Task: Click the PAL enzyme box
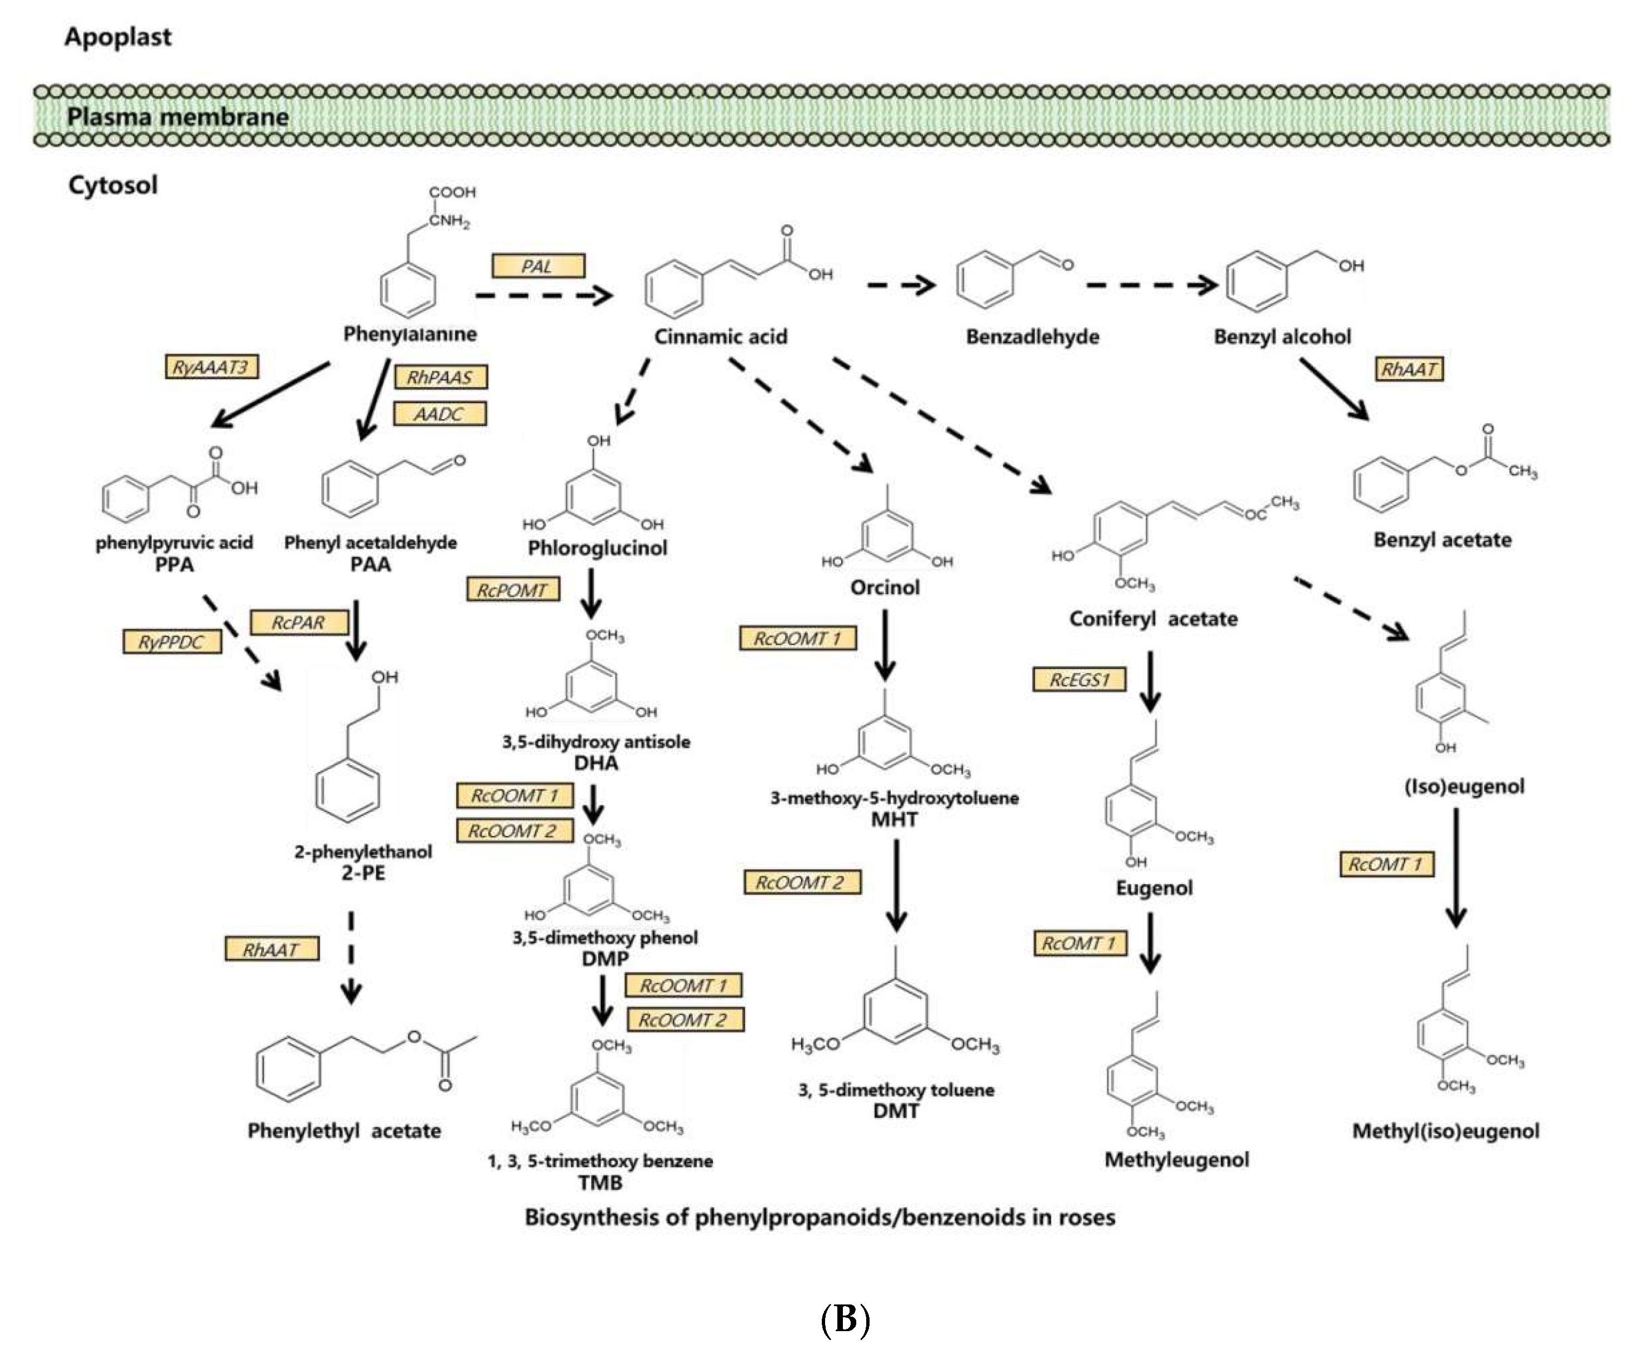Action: pos(538,266)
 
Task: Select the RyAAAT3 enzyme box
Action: pos(212,367)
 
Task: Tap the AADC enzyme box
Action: pos(440,414)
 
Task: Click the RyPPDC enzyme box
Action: pos(171,642)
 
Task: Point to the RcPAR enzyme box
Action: pos(298,623)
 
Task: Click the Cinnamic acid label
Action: pos(720,337)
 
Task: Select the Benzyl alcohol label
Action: pos(1282,337)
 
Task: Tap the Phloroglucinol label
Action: pos(597,548)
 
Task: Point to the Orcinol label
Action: pos(885,587)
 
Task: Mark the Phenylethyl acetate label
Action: pos(344,1130)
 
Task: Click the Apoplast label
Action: pos(118,37)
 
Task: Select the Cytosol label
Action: pos(113,185)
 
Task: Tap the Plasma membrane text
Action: pos(177,117)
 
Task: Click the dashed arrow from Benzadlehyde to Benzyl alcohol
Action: pos(1151,285)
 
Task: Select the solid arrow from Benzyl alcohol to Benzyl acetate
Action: pos(1333,389)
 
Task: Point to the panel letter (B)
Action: pos(845,1319)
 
